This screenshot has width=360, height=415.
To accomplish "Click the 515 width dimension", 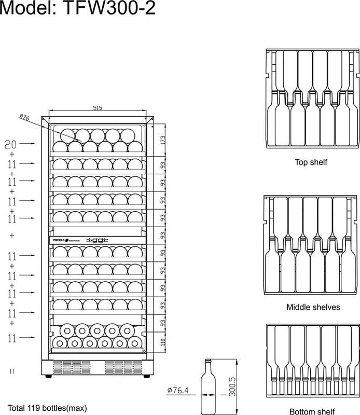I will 97,108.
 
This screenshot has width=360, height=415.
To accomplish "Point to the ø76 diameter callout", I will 24,117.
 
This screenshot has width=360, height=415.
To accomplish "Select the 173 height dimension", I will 162,139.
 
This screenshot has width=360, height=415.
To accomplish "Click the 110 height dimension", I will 162,342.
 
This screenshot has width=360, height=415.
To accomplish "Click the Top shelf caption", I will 311,162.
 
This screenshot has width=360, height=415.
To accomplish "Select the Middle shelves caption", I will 313,307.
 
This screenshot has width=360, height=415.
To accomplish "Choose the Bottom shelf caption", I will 312,411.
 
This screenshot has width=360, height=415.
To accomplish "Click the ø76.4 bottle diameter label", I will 177,390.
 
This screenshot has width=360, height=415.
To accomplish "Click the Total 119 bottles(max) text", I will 47,407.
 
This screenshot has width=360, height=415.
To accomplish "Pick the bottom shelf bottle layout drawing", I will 312,361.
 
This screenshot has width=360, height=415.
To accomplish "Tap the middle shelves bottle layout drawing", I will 311,244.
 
